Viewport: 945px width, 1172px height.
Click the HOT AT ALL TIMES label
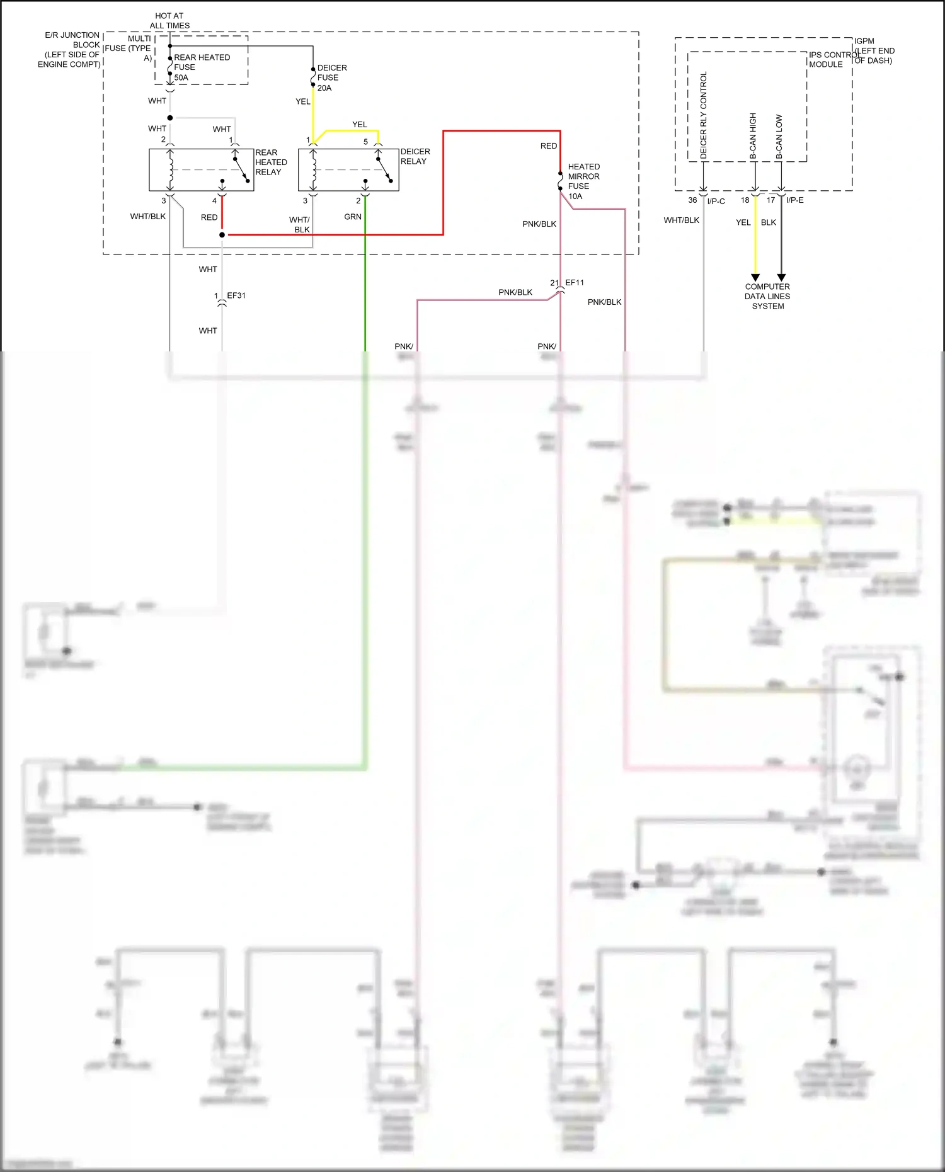(169, 21)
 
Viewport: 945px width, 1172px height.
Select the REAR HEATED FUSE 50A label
(201, 67)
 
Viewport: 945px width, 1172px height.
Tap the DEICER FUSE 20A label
(331, 77)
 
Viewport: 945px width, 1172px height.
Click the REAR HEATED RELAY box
(201, 169)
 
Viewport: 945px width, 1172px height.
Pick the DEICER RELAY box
(348, 169)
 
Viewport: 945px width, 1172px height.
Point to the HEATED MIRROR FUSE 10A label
(583, 181)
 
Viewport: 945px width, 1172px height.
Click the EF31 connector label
(236, 295)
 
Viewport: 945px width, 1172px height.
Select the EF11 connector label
(575, 283)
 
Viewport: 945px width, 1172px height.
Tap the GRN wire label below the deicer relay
(353, 217)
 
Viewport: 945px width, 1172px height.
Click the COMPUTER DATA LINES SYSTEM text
(767, 296)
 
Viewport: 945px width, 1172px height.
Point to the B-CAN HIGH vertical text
(753, 135)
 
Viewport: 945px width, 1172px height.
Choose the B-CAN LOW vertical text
(779, 136)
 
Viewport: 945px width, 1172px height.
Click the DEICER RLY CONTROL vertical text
(704, 115)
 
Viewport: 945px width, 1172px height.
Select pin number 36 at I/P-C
(692, 200)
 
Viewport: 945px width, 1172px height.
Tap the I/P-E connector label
(795, 200)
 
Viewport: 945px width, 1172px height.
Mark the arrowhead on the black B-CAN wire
(781, 277)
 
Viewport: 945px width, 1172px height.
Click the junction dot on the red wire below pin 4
(222, 235)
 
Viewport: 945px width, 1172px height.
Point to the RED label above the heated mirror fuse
(549, 145)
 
